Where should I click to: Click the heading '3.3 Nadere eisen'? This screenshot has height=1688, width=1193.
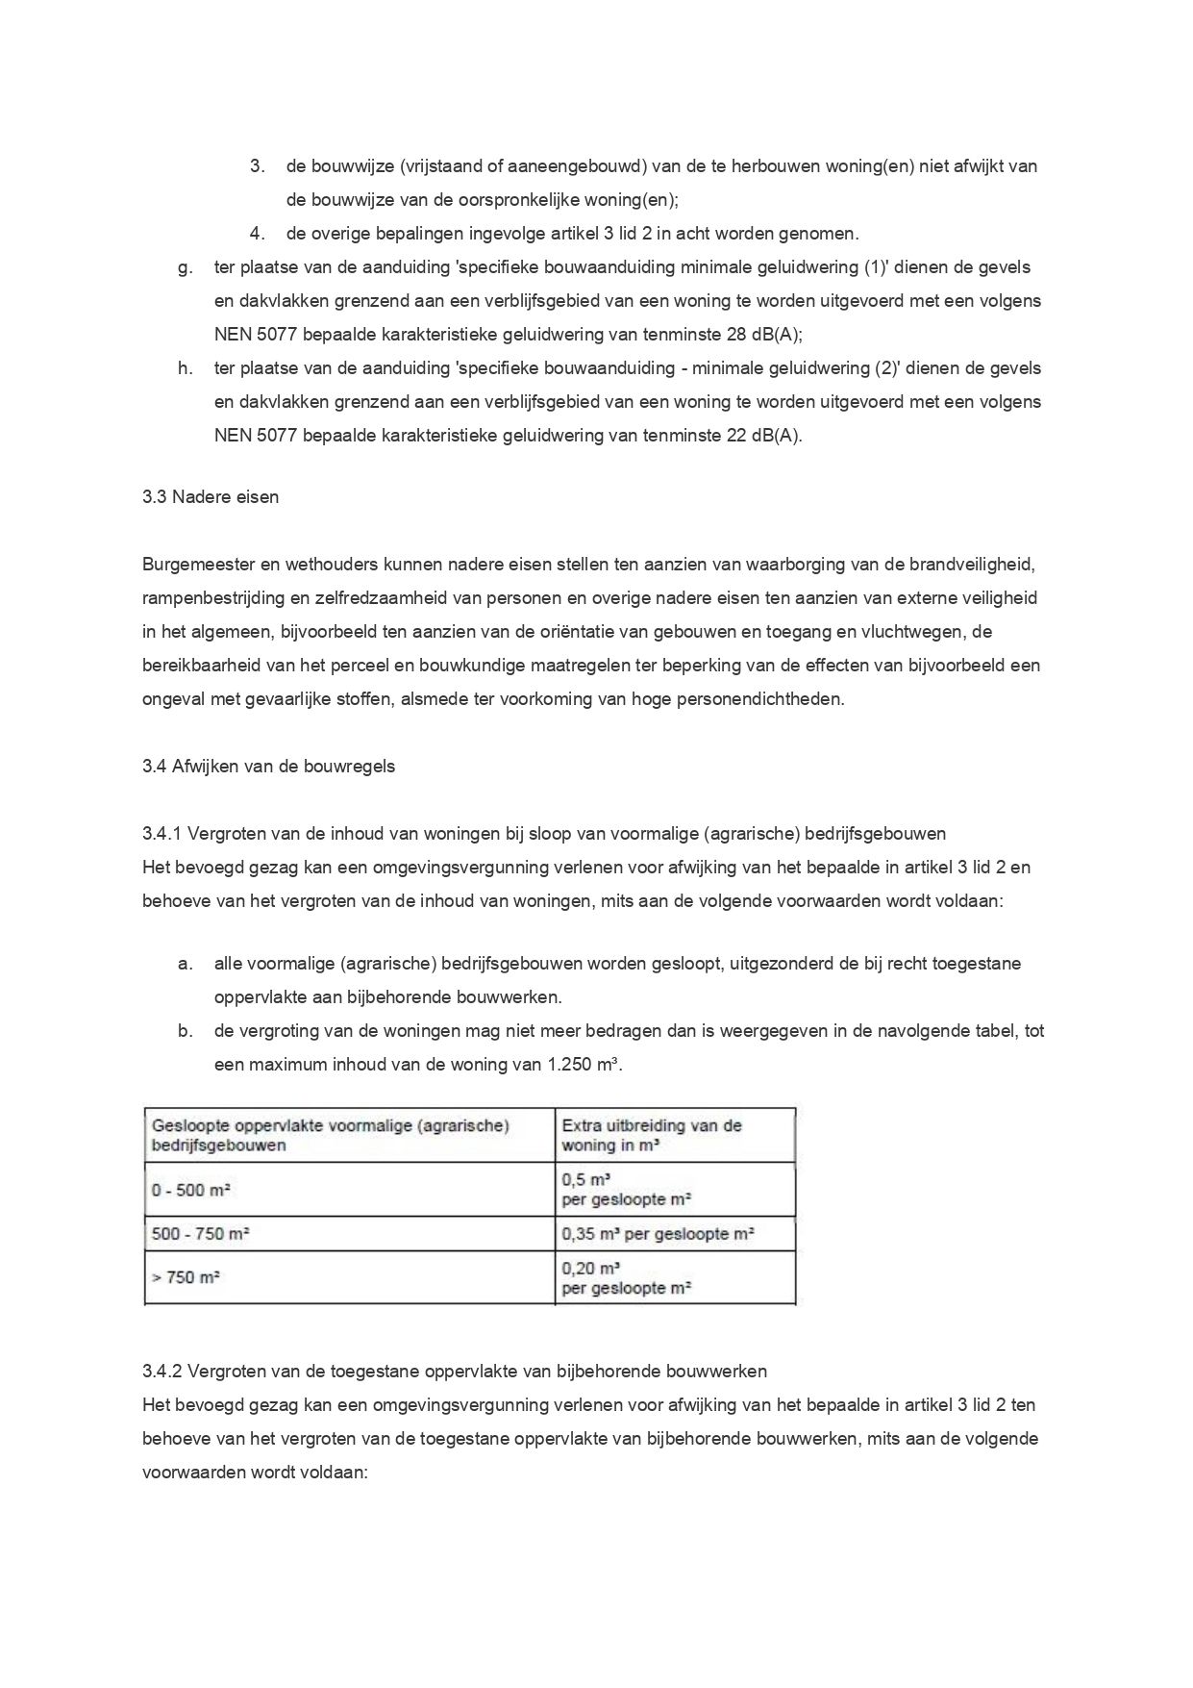[x=210, y=497]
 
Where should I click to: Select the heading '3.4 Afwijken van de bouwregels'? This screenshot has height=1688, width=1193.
[x=268, y=767]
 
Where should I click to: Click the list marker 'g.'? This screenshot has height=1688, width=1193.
[x=185, y=267]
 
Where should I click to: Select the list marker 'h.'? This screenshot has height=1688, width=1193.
[x=185, y=368]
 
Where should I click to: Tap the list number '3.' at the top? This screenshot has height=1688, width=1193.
[x=257, y=166]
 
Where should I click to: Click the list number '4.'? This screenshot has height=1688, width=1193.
[x=257, y=234]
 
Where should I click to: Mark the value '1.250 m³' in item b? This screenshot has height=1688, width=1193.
[x=577, y=1065]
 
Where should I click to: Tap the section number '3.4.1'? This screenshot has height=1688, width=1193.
[x=162, y=834]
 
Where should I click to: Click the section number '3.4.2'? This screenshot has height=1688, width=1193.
[x=162, y=1371]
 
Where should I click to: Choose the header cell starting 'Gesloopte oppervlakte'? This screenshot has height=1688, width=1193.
[x=330, y=1135]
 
